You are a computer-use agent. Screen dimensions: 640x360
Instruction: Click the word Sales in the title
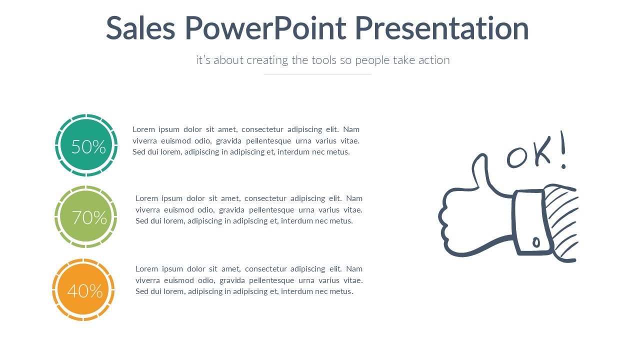[140, 28]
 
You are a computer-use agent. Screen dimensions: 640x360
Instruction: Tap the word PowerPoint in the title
[265, 28]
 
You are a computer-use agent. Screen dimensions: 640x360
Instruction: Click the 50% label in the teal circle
[88, 147]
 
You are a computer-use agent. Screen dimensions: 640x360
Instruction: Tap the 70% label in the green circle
[89, 217]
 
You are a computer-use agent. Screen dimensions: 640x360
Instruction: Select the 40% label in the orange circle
[85, 291]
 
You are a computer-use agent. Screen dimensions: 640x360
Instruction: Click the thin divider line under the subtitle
[317, 74]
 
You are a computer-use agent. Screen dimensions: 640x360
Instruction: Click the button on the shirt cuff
[536, 242]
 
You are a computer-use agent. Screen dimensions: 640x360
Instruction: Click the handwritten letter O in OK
[517, 157]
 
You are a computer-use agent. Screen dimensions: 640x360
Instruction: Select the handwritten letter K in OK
[542, 151]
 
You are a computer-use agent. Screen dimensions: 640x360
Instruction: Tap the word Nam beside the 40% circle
[354, 269]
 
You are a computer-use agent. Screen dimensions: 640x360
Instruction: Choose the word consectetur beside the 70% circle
[265, 198]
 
